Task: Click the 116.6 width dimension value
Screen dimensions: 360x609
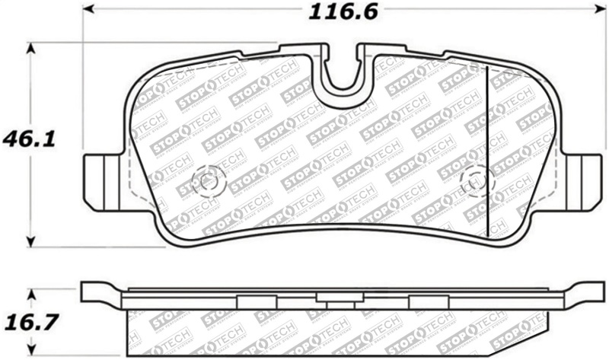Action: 343,12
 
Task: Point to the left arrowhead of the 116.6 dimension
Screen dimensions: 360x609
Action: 88,10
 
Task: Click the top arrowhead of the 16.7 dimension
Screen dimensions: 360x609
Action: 31,294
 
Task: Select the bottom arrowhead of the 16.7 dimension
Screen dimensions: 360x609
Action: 31,352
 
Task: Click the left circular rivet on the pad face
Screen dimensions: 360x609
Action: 206,181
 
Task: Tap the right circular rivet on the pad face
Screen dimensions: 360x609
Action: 477,181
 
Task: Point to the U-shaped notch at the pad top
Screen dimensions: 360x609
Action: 343,72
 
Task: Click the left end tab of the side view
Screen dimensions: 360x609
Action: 99,293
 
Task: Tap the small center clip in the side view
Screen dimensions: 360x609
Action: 342,304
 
